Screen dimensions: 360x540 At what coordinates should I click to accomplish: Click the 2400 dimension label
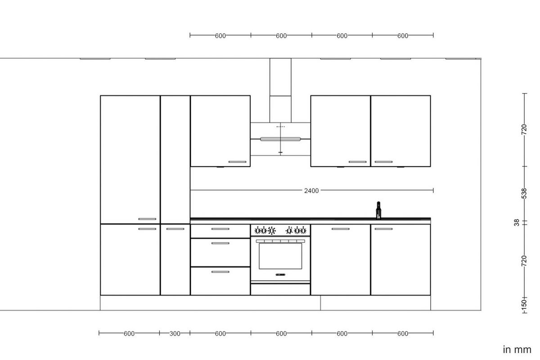click(311, 191)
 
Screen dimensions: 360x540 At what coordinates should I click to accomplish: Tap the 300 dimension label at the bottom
click(175, 333)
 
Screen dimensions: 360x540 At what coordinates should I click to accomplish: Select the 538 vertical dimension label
click(524, 193)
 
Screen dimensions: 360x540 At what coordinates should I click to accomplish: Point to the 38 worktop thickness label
click(517, 222)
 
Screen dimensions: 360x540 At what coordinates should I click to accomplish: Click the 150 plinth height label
click(524, 304)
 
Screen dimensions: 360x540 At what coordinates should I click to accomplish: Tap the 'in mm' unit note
click(517, 350)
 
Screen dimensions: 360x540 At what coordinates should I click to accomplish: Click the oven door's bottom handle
click(280, 274)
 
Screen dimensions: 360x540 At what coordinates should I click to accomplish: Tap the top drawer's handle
click(220, 229)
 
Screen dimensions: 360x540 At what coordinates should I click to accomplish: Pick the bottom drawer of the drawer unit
click(220, 281)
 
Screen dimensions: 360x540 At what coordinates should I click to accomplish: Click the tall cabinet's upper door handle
click(147, 219)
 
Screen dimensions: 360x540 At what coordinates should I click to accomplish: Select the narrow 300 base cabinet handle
click(175, 229)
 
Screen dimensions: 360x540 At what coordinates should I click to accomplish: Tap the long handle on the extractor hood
click(280, 139)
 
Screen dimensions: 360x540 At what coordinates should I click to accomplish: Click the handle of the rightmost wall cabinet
click(383, 162)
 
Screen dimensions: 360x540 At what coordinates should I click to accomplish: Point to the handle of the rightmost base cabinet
click(383, 229)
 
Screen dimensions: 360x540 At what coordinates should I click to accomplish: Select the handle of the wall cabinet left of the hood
click(237, 162)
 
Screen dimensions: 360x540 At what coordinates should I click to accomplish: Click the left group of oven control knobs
click(265, 231)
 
